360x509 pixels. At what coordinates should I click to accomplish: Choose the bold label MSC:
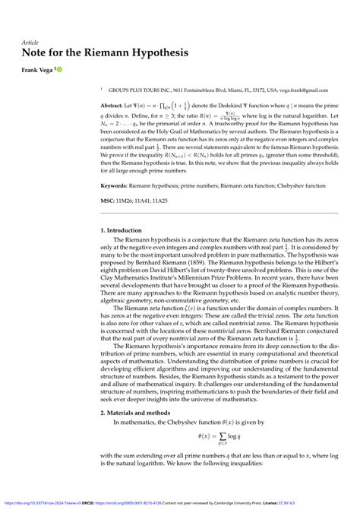coord(109,202)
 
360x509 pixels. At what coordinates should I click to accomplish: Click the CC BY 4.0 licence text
coord(345,502)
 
